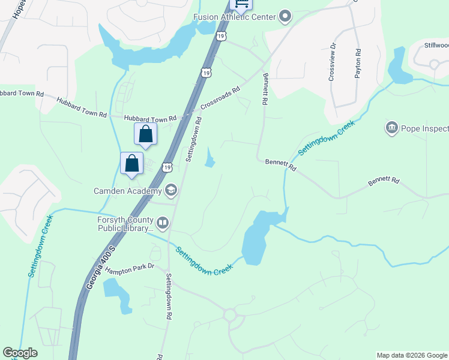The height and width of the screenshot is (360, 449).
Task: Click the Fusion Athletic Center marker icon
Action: point(285,17)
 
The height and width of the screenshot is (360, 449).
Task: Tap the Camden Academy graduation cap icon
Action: point(170,191)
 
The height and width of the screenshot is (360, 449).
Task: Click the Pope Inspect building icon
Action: point(391,128)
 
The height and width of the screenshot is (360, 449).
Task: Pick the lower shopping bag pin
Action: point(132,164)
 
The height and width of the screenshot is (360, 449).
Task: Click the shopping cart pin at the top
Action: point(241,4)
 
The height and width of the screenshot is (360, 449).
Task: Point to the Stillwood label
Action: point(436,45)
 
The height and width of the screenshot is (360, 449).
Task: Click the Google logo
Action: point(20,353)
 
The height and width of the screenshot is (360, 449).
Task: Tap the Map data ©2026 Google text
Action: point(411,355)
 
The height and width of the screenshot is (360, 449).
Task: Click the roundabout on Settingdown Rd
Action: point(230,314)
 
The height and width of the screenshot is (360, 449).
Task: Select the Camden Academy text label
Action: point(127,191)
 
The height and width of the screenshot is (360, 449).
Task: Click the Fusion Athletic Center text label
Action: point(234,17)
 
